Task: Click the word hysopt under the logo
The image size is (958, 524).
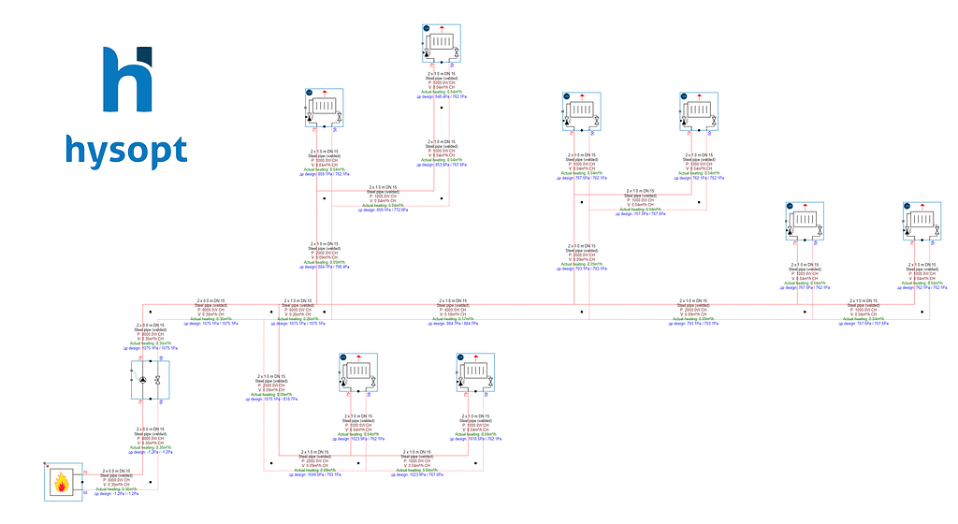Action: pyautogui.click(x=125, y=151)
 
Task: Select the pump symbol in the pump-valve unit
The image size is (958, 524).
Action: pyautogui.click(x=141, y=380)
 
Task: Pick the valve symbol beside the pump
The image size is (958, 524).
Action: pyautogui.click(x=159, y=380)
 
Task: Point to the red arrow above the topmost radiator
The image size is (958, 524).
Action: pyautogui.click(x=441, y=19)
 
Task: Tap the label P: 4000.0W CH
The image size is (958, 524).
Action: pyautogui.click(x=457, y=311)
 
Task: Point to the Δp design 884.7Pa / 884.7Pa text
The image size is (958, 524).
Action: pyautogui.click(x=457, y=324)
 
